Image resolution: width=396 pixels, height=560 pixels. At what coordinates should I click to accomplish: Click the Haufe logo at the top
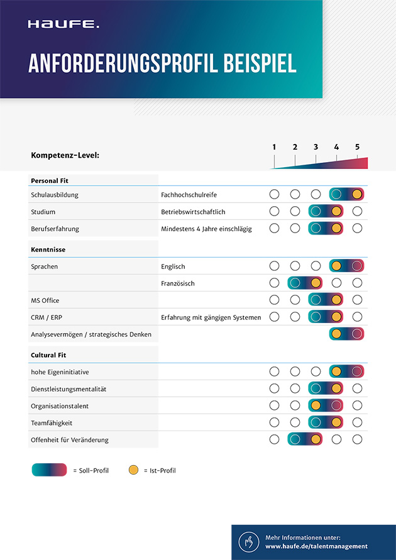tap(63, 25)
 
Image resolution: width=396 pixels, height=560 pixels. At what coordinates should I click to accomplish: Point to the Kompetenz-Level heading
tap(65, 155)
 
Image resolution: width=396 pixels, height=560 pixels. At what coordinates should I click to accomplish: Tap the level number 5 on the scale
tap(357, 147)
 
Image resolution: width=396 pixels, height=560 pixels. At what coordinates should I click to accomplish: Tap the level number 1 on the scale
tap(274, 147)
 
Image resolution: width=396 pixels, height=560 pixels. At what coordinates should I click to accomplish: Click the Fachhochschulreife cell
tap(189, 195)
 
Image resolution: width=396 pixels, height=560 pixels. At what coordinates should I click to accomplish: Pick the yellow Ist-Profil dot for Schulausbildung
tap(357, 194)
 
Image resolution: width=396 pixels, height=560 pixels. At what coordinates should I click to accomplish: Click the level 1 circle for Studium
tap(274, 211)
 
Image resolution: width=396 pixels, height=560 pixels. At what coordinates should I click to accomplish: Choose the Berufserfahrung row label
tap(55, 229)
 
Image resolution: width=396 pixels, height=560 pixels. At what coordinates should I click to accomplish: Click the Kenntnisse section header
tap(48, 250)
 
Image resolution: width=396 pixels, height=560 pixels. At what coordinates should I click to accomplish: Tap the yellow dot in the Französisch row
tap(316, 283)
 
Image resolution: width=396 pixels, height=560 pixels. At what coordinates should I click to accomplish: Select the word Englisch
tap(173, 266)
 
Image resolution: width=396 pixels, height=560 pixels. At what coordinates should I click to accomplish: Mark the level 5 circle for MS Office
tap(357, 300)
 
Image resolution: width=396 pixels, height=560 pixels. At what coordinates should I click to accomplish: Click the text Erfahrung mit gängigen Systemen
tap(211, 317)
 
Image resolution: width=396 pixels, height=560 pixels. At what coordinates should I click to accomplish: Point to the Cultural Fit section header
tap(48, 355)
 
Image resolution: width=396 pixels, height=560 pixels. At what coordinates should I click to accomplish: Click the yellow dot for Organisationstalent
tap(316, 406)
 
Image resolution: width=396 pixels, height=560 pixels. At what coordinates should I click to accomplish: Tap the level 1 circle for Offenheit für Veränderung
tap(274, 439)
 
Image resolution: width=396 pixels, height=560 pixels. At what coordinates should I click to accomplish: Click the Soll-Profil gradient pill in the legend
tap(49, 470)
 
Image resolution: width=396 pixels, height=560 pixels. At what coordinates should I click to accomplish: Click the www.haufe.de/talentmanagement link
tap(316, 547)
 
